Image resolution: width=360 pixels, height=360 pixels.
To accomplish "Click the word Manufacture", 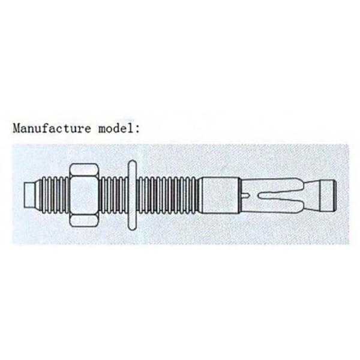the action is (52, 128).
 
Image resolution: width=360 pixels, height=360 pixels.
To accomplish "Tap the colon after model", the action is (137, 129).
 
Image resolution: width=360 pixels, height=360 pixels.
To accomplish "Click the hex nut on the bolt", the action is (85, 196).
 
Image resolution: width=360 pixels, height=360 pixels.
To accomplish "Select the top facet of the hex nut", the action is (85, 169).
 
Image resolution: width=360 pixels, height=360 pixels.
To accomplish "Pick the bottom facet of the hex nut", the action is (85, 221).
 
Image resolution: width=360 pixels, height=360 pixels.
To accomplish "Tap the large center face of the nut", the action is (85, 195).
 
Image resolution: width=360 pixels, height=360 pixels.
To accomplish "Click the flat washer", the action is (132, 195).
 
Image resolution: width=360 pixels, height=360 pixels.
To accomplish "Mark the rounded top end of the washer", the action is (132, 163).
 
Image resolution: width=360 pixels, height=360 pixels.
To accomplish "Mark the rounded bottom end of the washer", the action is (132, 227).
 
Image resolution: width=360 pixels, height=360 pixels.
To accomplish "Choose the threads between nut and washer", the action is (113, 195).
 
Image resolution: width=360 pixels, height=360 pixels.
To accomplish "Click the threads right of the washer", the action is (167, 195).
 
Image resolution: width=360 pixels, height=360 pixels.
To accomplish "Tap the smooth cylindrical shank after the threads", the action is (220, 195).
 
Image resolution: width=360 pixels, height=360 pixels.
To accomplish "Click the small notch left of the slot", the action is (246, 196).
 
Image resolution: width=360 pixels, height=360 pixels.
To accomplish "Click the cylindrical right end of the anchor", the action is (329, 195).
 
